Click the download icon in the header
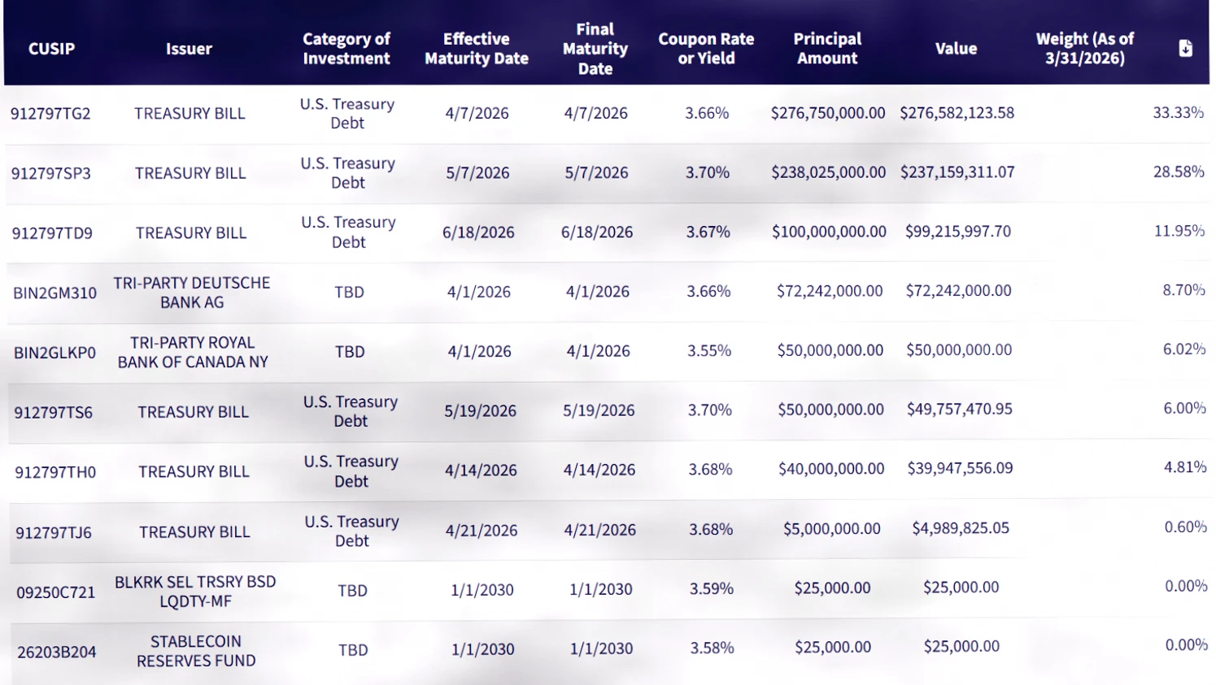(1186, 48)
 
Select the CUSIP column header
(51, 49)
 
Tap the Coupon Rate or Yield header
(706, 48)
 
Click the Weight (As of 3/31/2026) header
(1084, 48)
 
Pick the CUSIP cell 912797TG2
(50, 113)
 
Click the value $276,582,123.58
(957, 113)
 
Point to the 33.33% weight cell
(1179, 112)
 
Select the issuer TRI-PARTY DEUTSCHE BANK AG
(192, 293)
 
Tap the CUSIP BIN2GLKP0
(54, 353)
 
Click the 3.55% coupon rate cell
(709, 350)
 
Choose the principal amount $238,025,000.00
(828, 172)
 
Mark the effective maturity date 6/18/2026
(478, 232)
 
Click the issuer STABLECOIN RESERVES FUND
(196, 651)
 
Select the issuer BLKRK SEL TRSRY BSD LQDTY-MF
(195, 592)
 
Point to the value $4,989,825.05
(961, 527)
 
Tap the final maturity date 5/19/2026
(599, 410)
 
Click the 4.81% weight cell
(1185, 467)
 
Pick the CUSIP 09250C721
(56, 592)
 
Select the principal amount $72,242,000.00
(830, 291)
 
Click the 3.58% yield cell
(713, 648)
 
